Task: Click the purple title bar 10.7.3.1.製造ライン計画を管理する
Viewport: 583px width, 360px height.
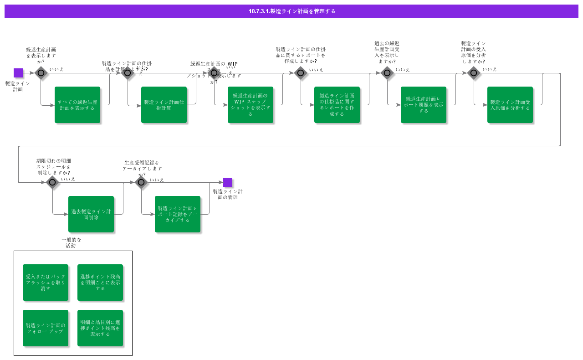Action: [291, 11]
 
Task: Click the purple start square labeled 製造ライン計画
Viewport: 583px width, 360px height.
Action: [18, 73]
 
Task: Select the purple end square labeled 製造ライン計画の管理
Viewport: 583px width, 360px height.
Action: [228, 182]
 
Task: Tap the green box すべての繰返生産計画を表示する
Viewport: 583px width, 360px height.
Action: [77, 105]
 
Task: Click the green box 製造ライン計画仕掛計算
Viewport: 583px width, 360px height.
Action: [164, 105]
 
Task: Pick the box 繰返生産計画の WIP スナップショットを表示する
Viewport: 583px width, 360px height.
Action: [251, 105]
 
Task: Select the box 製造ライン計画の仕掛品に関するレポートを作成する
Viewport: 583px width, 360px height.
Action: [337, 105]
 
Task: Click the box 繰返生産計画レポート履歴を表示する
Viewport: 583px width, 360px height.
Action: [424, 105]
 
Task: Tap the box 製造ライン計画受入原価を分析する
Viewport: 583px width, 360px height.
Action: [510, 105]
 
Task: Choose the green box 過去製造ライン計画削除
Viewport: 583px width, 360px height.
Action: [91, 214]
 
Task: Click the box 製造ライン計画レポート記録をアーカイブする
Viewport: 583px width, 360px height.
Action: [178, 214]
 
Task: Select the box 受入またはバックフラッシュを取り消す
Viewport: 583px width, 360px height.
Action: [46, 283]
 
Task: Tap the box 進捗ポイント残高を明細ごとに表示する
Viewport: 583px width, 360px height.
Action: [100, 283]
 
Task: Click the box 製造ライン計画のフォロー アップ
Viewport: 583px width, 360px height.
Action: [46, 328]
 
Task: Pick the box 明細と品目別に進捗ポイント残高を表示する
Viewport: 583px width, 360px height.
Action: [100, 328]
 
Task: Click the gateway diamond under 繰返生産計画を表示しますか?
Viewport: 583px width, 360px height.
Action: [41, 73]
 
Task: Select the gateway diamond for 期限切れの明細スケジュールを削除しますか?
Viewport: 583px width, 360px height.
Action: [52, 182]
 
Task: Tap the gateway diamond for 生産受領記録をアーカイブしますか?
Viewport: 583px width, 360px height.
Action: [141, 182]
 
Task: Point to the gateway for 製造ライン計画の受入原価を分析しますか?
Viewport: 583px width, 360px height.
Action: [474, 73]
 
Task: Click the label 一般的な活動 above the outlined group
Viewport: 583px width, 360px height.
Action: [71, 242]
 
